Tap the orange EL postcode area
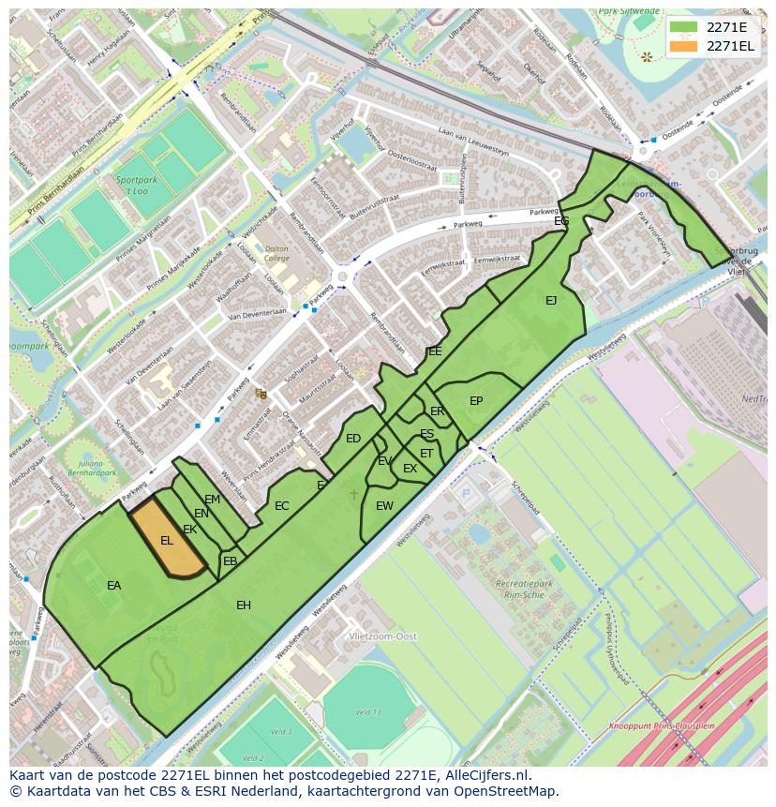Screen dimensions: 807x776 click(167, 541)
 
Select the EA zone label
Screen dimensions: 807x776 click(113, 586)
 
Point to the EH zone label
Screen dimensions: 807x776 click(244, 605)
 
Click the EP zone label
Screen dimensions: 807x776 click(476, 401)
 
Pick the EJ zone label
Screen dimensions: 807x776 click(551, 301)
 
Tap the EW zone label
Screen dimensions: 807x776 click(384, 506)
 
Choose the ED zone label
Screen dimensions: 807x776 click(353, 439)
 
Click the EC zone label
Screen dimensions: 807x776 click(282, 506)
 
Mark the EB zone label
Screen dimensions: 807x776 click(230, 561)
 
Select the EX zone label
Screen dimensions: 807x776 click(410, 469)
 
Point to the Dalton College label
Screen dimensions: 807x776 click(276, 252)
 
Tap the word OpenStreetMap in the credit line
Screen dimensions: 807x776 click(507, 791)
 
